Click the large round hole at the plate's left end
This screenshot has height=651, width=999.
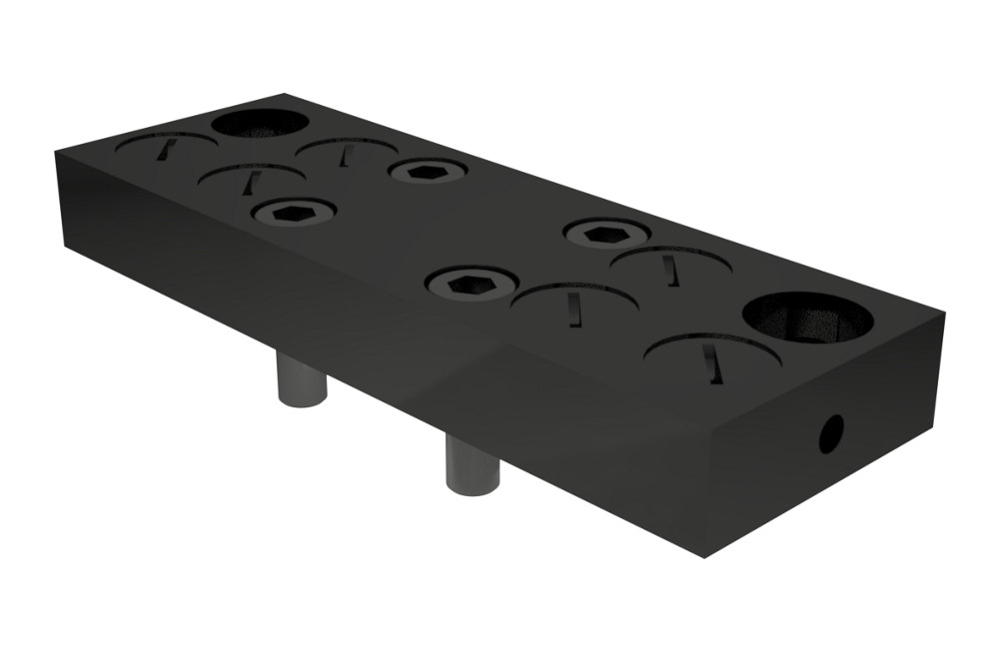tap(260, 124)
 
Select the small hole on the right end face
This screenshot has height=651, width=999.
tap(830, 432)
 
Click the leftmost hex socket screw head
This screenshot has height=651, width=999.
tap(293, 212)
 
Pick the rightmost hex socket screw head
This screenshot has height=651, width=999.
tap(606, 234)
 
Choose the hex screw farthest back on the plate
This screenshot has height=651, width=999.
tap(429, 171)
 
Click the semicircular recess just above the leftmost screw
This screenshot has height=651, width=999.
tap(251, 180)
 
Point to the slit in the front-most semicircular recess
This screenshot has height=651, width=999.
tap(710, 362)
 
